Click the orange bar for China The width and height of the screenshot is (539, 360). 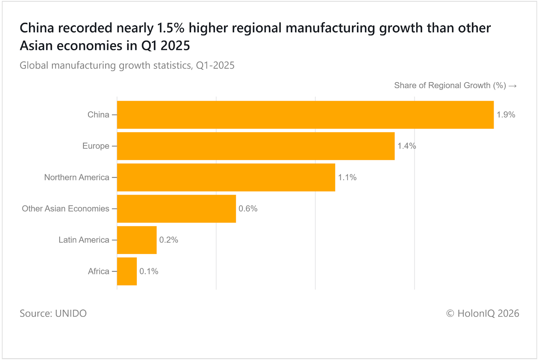click(305, 115)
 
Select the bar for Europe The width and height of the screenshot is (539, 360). click(256, 146)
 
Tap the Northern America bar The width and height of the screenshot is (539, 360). click(226, 177)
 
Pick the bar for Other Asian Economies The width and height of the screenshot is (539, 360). click(177, 209)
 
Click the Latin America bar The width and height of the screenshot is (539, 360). click(137, 240)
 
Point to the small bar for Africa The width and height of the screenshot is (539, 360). click(127, 271)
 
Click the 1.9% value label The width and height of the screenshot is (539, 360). click(506, 115)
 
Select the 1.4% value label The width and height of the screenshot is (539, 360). click(407, 146)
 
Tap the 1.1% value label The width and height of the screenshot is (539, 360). click(347, 177)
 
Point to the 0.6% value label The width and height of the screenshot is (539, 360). click(248, 209)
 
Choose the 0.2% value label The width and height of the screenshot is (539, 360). click(168, 240)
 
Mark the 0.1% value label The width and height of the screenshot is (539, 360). click(149, 271)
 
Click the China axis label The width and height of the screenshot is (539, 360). click(98, 115)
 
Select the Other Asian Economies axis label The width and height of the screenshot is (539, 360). click(66, 209)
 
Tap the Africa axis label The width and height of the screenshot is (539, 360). click(99, 271)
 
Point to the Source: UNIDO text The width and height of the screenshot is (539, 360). click(53, 314)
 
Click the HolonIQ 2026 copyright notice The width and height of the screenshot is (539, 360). click(483, 314)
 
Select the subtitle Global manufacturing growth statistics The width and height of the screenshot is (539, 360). click(127, 65)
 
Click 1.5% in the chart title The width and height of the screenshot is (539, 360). click(171, 28)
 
